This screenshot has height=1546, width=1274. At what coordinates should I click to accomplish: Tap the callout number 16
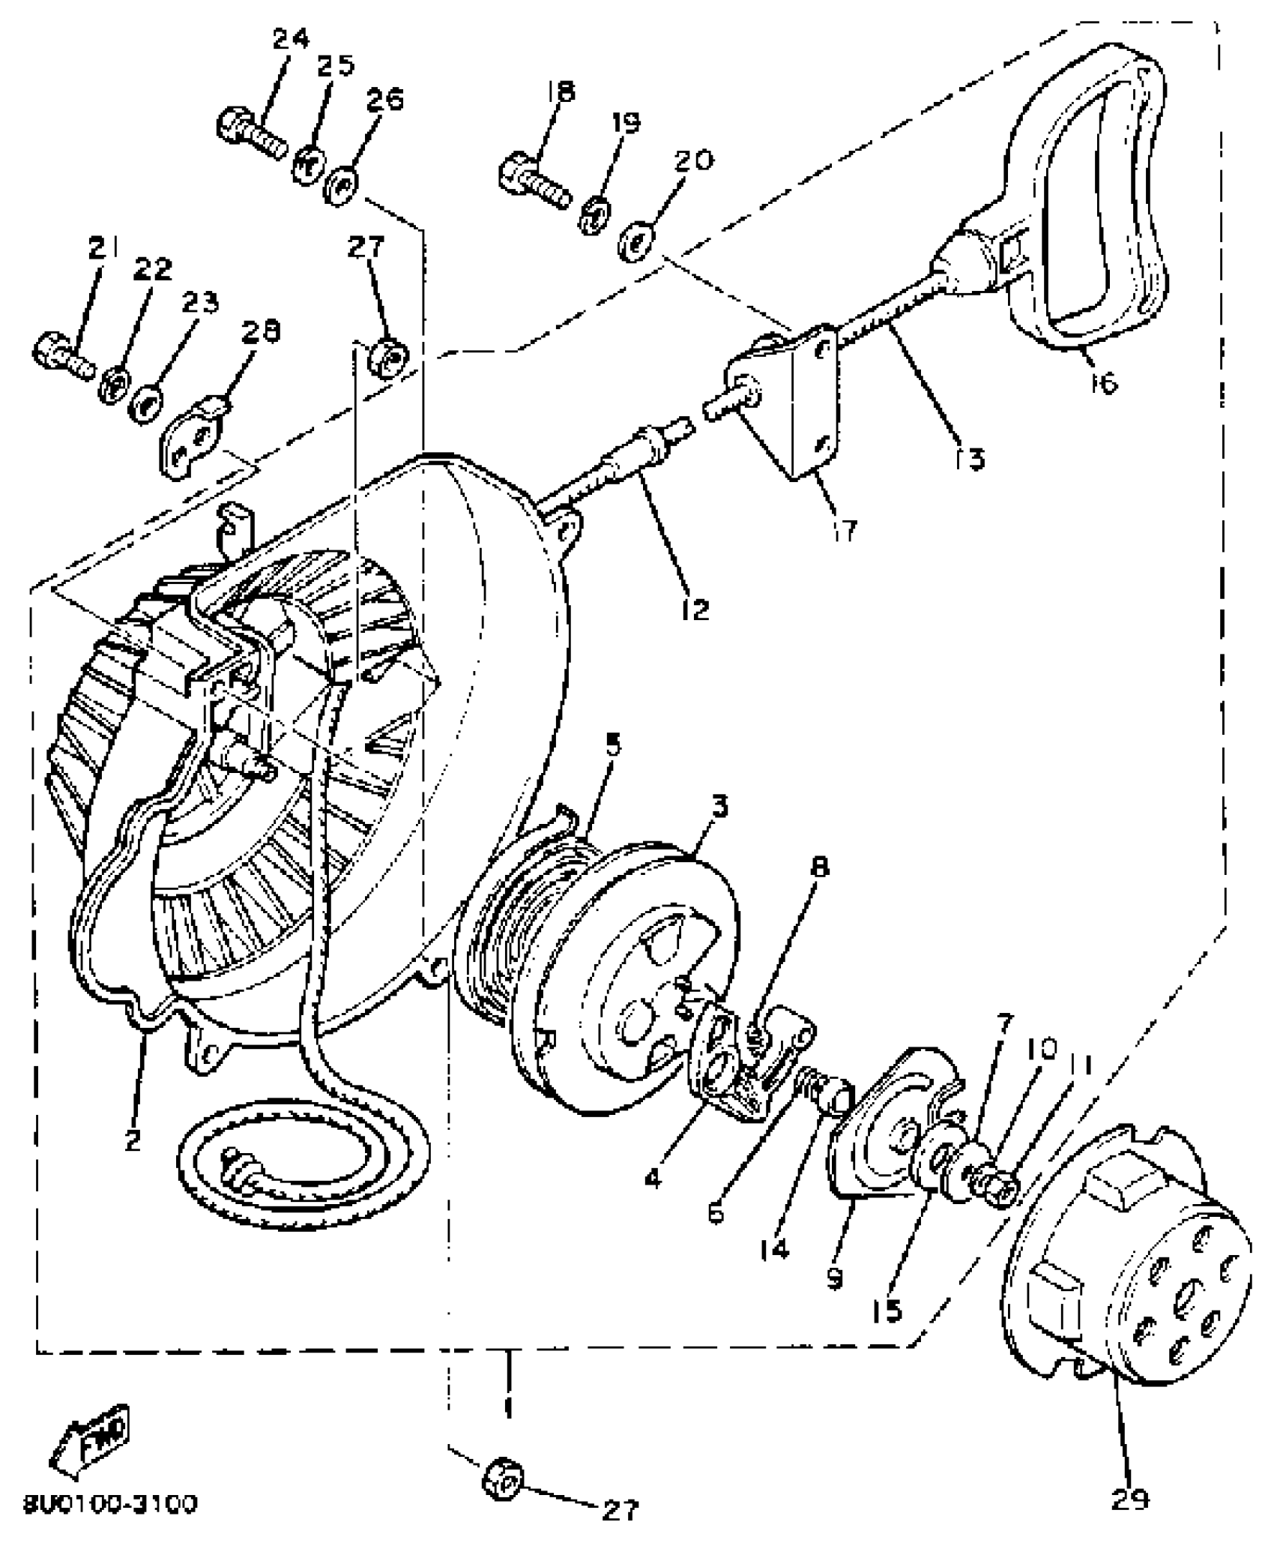tap(1105, 382)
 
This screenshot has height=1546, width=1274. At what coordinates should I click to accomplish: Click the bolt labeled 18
tap(534, 177)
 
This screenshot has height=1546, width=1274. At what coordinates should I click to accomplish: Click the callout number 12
tap(695, 609)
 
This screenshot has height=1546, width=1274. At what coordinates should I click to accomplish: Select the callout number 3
tap(718, 807)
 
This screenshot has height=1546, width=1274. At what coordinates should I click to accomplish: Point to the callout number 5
tap(612, 746)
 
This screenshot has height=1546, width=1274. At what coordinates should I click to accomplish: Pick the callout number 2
tap(132, 1141)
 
